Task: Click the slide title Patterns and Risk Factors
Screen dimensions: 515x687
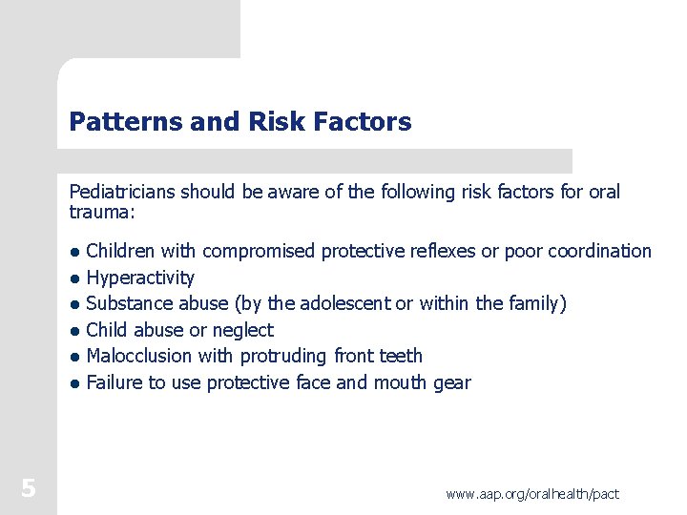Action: [x=240, y=122]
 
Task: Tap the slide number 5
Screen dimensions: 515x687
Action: [x=29, y=489]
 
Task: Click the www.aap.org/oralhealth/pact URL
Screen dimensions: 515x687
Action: [x=532, y=493]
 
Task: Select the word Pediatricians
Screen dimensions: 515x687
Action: [x=120, y=192]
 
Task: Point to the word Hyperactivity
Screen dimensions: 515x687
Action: [x=140, y=278]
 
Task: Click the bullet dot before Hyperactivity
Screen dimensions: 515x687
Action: [x=74, y=278]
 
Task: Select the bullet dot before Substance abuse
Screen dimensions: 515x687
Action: [x=74, y=305]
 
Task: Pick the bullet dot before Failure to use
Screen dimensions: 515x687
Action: [x=74, y=384]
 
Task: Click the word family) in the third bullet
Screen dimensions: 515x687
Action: [x=536, y=303]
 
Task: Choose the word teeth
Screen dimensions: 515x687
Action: [x=401, y=356]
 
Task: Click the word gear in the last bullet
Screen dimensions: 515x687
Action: [x=450, y=383]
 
